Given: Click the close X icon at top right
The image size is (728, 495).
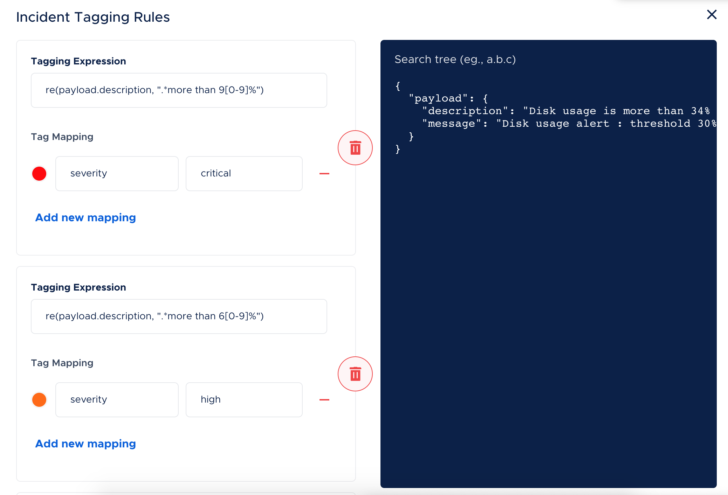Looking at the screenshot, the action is click(712, 15).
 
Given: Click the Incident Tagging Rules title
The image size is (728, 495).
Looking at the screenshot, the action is click(93, 17).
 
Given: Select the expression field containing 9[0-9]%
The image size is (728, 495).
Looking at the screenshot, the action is click(179, 90).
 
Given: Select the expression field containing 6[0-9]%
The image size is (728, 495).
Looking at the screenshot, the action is click(179, 316).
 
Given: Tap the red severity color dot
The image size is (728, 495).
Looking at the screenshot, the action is click(39, 174).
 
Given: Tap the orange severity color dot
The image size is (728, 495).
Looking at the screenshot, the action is click(39, 400).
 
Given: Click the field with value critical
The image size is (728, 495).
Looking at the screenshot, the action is click(244, 174).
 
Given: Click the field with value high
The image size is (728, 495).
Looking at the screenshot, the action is click(244, 400).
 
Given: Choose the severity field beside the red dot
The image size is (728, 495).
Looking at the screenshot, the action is click(117, 174).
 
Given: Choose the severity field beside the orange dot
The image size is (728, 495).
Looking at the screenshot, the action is click(117, 400).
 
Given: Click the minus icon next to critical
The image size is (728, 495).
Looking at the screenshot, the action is click(324, 174).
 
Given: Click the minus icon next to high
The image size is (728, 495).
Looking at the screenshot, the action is click(324, 400).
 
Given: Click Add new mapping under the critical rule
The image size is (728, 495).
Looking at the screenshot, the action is click(85, 218).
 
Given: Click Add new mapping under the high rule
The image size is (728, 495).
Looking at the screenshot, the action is click(85, 444).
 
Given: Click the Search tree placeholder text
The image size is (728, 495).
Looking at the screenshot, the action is click(455, 60).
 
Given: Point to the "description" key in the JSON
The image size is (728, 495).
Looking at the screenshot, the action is click(465, 111).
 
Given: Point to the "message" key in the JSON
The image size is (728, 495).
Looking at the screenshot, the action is click(452, 124).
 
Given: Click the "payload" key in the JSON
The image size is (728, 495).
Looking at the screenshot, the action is click(438, 98).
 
